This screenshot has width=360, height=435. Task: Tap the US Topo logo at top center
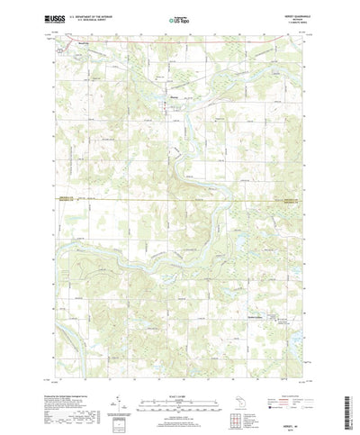[x=179, y=18]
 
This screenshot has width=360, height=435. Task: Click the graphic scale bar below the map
[x=179, y=397]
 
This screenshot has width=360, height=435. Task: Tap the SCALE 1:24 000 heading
[x=179, y=390]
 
